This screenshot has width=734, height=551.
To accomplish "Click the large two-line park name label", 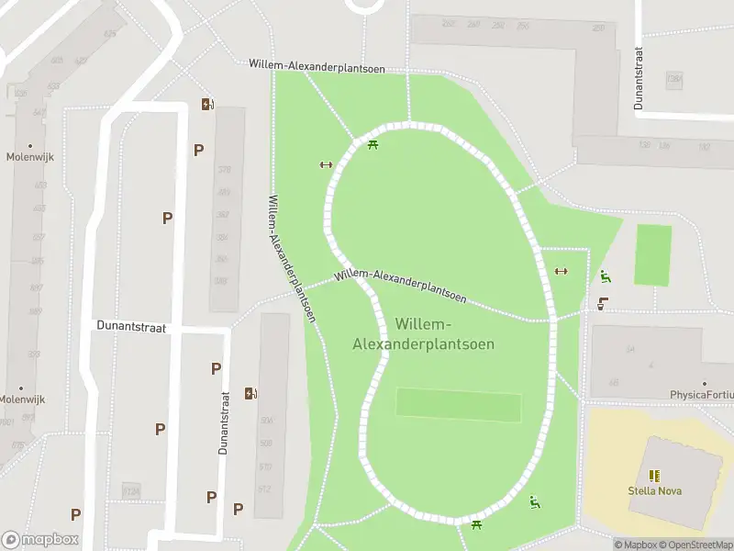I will [x=423, y=334].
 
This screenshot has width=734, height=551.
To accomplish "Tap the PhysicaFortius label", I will [x=702, y=395].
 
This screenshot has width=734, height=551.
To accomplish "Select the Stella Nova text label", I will [x=654, y=490].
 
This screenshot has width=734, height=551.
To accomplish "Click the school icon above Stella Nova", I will [x=654, y=475].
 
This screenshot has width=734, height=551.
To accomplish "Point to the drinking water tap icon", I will [x=603, y=303].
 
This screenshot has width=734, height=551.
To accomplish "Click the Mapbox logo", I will [x=39, y=540].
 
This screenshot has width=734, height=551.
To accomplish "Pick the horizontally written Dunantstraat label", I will [x=131, y=326].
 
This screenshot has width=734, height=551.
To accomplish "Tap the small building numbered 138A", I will [x=675, y=80].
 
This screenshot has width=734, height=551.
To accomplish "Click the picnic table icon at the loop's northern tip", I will [x=373, y=144].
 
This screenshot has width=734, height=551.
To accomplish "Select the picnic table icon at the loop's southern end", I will [x=476, y=524].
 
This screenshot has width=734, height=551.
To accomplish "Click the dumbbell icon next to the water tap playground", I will [x=562, y=271].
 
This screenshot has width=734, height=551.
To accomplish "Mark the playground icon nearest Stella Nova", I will [x=534, y=501].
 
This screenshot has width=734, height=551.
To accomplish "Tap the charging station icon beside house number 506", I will [x=250, y=394].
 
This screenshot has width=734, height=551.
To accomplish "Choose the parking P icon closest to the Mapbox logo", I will [x=75, y=514].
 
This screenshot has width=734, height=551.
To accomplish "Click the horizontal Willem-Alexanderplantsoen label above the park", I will [x=317, y=66].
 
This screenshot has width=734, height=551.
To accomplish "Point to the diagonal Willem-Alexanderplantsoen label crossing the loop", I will [x=400, y=287].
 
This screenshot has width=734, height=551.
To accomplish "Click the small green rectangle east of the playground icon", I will [x=652, y=254].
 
